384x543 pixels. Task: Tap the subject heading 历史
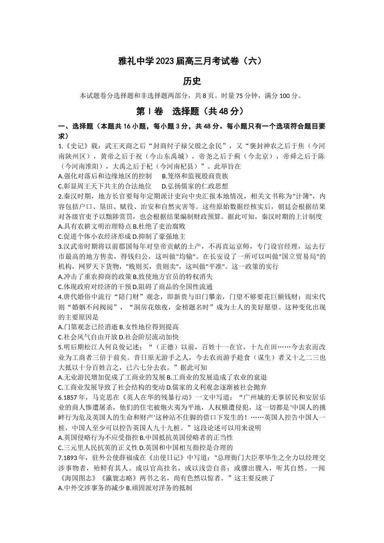click(x=192, y=81)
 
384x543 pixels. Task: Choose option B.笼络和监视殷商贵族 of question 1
click(x=195, y=176)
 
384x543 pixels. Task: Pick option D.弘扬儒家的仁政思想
click(x=194, y=186)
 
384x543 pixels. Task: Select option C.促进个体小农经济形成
click(x=88, y=237)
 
